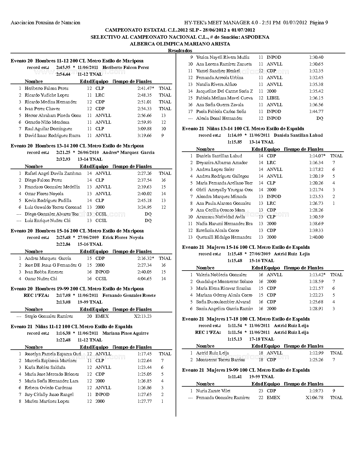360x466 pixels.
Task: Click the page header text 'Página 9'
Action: point(319,23)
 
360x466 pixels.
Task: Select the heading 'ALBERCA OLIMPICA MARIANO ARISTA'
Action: point(180,44)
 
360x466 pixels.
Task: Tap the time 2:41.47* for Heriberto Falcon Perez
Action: point(146,88)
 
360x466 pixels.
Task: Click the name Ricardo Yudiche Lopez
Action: point(47,95)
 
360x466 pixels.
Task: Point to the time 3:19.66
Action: point(144,136)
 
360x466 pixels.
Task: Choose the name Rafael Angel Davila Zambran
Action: point(53,173)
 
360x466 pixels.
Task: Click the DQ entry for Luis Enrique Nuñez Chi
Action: point(148,221)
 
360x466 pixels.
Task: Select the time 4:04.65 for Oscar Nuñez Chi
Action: point(144,279)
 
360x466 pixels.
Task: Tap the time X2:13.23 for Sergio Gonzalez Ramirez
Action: point(143,316)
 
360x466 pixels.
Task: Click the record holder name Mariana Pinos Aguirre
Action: point(125,333)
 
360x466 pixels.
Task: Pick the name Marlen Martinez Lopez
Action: point(47,401)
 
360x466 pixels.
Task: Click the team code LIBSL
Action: point(273,98)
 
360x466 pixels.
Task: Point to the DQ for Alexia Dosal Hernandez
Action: point(320,118)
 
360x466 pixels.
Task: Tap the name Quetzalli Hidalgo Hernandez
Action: point(224,237)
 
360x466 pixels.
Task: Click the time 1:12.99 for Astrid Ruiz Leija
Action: point(316,353)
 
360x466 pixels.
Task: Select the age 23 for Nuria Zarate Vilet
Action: point(261,391)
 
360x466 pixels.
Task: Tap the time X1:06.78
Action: point(314,398)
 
